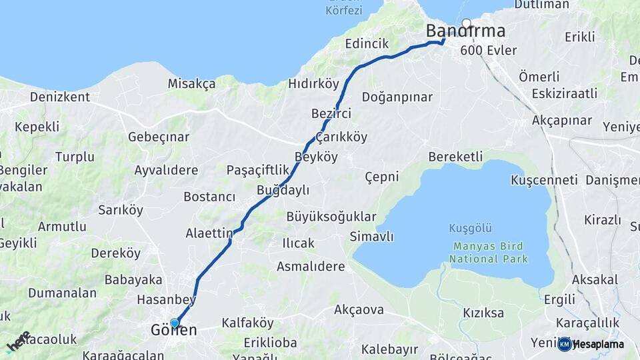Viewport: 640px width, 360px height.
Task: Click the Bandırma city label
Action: click(465, 31)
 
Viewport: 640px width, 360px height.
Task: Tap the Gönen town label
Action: click(173, 331)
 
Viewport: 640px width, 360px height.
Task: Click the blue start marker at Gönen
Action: click(175, 323)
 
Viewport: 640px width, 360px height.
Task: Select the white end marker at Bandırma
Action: click(466, 23)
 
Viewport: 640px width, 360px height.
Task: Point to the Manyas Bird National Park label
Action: click(489, 253)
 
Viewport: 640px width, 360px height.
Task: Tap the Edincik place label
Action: click(367, 43)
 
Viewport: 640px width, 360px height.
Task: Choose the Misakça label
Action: click(191, 83)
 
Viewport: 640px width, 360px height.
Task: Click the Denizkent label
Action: click(59, 97)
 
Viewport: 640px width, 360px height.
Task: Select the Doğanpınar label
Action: click(397, 97)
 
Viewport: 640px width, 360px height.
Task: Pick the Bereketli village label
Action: click(455, 157)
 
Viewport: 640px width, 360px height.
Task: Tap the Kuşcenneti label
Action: click(544, 180)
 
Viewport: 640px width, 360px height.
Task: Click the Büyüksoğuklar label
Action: click(331, 217)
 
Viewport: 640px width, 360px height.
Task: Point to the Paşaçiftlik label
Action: click(258, 169)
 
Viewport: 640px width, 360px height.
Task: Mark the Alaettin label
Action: click(209, 233)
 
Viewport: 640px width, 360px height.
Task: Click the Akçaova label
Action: click(359, 309)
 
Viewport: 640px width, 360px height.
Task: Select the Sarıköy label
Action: click(121, 210)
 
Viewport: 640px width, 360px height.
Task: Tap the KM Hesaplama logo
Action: click(591, 344)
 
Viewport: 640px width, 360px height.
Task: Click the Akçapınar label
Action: click(562, 121)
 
